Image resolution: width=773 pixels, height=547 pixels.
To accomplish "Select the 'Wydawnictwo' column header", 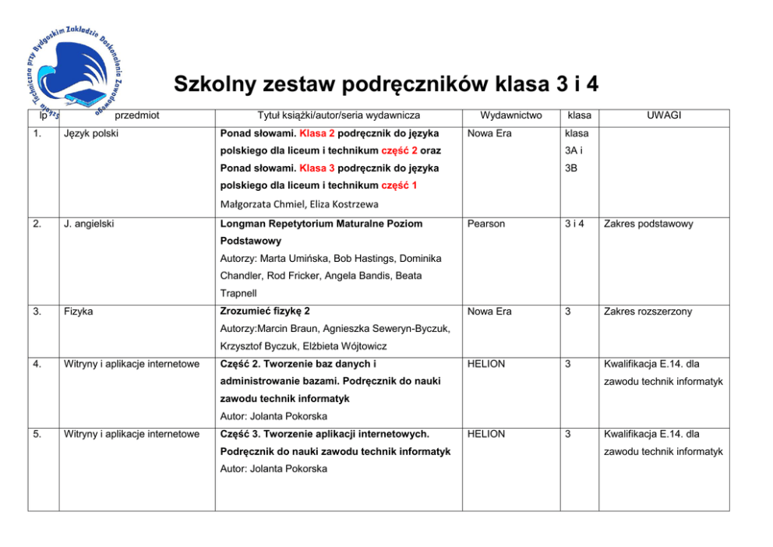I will point(510,115).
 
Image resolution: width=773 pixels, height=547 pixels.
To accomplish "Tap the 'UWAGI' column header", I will point(663,115).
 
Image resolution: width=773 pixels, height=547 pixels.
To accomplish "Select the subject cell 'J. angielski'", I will point(90,224).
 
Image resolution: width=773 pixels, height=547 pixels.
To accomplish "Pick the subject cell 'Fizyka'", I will point(79,312).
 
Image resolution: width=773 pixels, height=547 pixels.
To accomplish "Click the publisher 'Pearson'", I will point(486,224).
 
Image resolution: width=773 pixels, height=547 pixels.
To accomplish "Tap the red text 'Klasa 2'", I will point(316,133).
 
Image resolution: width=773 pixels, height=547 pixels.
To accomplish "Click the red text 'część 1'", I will point(400,185).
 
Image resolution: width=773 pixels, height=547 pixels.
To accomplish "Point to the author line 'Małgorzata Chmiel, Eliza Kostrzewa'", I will point(299,204).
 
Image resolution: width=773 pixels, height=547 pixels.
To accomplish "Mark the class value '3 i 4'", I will point(577,224).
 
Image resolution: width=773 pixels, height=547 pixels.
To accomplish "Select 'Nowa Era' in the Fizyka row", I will point(489,312).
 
